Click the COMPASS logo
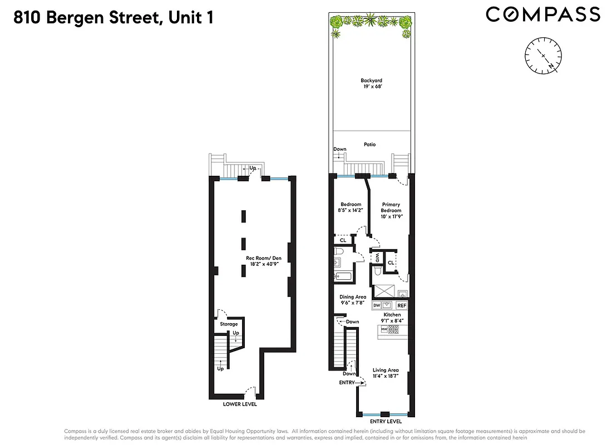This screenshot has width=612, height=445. coord(543,14)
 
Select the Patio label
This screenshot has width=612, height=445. coord(369,145)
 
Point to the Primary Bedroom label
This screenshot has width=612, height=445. coord(391,207)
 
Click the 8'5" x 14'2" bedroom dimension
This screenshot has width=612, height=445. coord(351,210)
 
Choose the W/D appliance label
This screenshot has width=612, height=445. coord(377,258)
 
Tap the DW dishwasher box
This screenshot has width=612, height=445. coord(377,305)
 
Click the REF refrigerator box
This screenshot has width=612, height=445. coord(402,305)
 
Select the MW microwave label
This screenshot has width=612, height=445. coord(383,329)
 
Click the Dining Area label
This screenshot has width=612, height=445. coord(353,297)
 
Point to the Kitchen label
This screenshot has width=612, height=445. coord(392,315)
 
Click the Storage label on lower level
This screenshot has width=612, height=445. coord(229,324)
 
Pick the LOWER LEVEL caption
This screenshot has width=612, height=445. coord(240,404)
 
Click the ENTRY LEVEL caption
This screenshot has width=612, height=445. coord(386,422)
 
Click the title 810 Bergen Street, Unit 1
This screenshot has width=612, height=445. coord(113,18)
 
